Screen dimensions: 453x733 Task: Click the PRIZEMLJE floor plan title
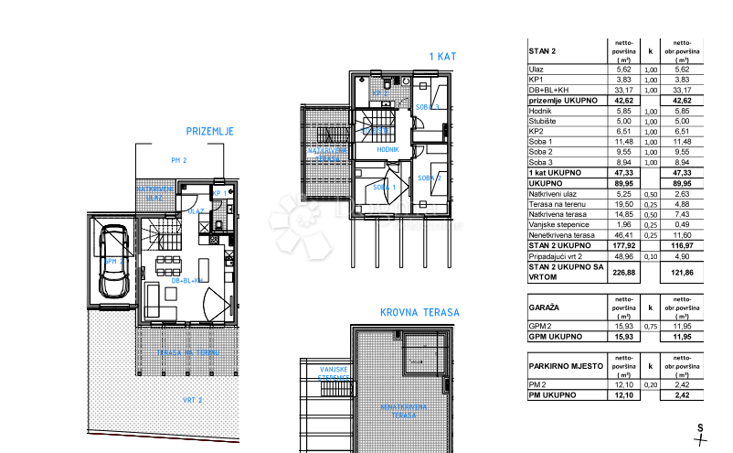209,132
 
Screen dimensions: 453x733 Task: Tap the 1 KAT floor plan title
443,57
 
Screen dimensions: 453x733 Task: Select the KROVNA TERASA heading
420,312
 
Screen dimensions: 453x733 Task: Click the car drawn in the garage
114,262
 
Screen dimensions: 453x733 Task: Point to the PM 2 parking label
177,160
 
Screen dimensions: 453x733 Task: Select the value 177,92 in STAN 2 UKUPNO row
624,244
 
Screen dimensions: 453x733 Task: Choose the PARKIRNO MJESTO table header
566,365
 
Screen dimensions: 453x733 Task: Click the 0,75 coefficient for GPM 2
651,327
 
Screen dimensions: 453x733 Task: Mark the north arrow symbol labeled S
699,433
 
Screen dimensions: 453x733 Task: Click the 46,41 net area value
624,234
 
